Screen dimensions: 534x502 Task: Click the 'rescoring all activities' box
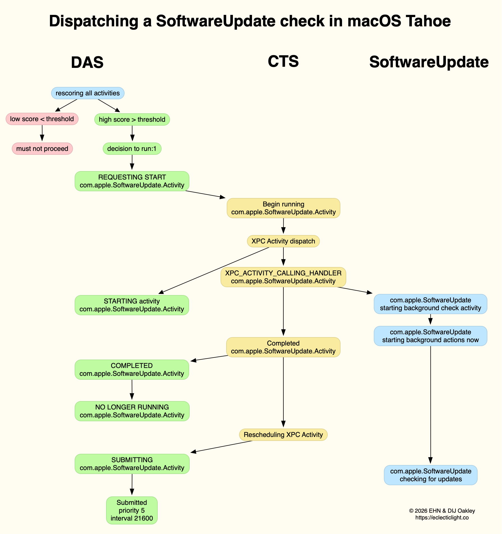click(88, 93)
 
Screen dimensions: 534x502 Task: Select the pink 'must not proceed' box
click(42, 149)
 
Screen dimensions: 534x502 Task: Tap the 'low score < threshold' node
click(42, 119)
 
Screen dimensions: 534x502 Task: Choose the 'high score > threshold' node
click(132, 119)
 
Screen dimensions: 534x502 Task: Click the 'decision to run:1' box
click(132, 149)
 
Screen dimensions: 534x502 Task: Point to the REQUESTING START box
click(132, 181)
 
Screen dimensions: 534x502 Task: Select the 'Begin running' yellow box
click(283, 208)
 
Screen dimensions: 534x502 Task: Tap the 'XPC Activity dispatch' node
click(283, 241)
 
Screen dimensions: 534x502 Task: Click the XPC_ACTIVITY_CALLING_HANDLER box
click(283, 277)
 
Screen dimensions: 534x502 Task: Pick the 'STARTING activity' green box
click(132, 305)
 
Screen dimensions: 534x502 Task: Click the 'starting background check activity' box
click(430, 304)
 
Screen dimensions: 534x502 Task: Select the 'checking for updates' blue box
click(430, 475)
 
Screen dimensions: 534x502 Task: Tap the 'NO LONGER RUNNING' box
click(132, 411)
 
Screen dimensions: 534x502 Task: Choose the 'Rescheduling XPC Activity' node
click(283, 435)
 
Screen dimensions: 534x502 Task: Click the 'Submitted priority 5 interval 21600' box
click(132, 510)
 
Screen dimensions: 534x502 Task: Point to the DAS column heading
click(87, 62)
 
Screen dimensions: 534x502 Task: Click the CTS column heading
click(283, 61)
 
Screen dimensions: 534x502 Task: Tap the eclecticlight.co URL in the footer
click(442, 518)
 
